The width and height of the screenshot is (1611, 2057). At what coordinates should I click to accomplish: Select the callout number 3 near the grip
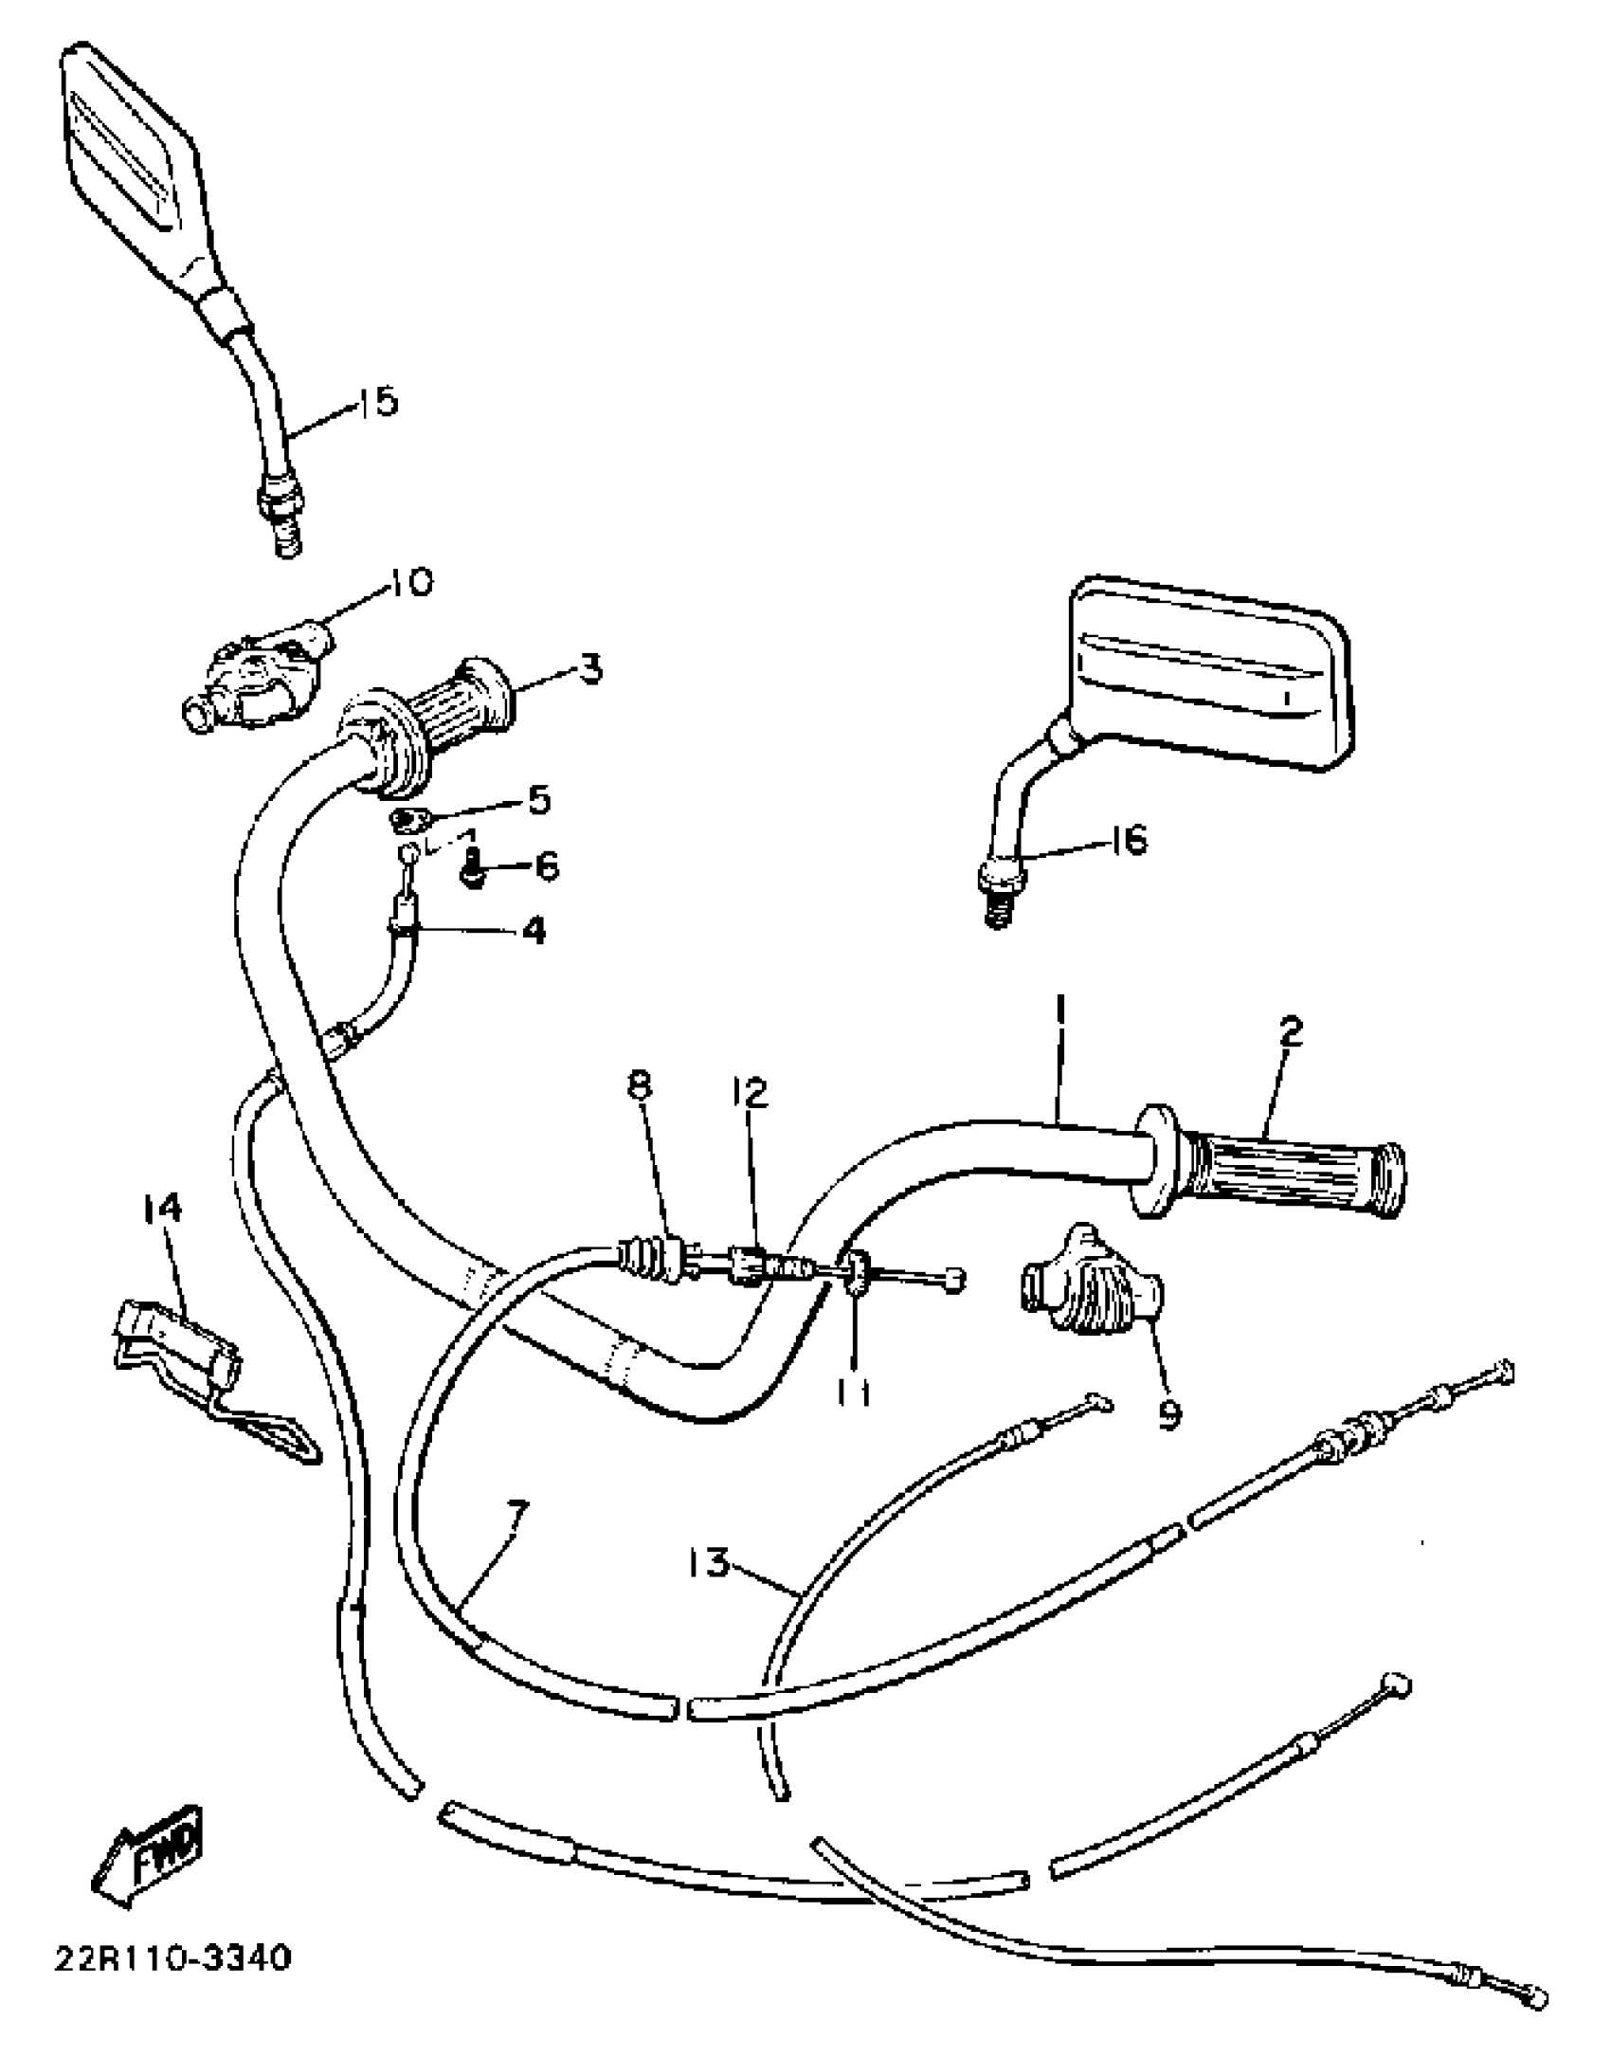(589, 669)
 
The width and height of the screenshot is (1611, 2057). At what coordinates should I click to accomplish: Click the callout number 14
(162, 1209)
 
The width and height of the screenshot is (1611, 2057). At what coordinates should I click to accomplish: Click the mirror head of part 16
(1209, 673)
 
